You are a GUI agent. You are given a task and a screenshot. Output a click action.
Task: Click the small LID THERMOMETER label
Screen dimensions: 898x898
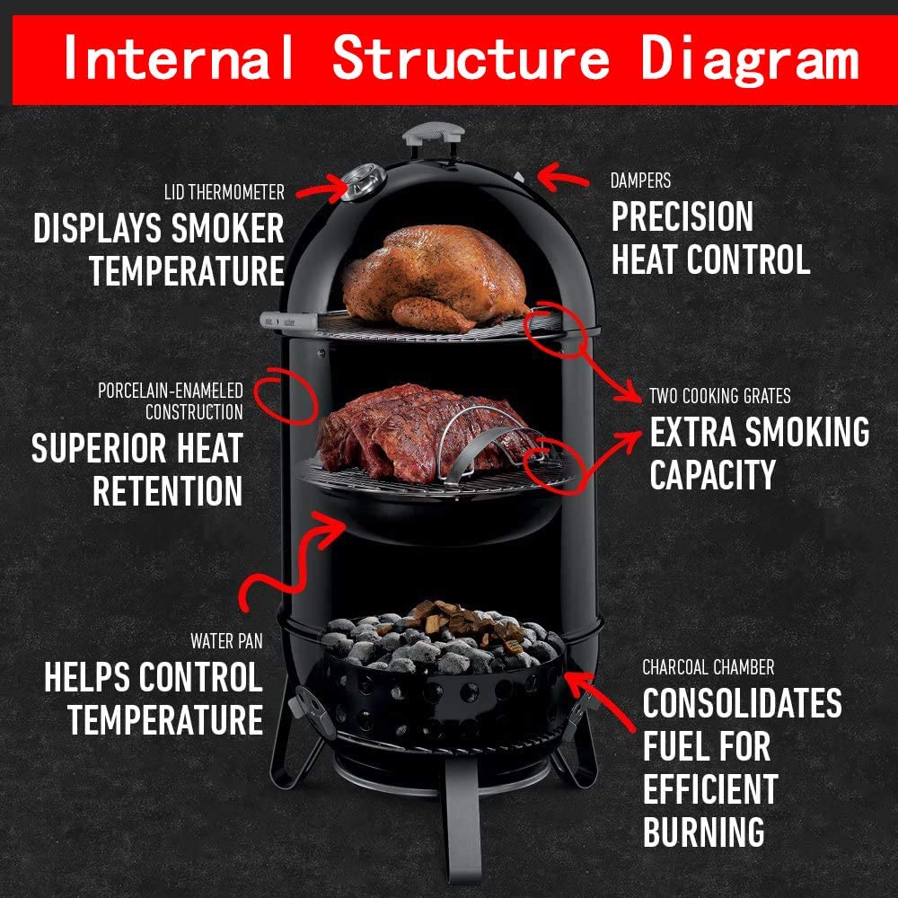(x=224, y=192)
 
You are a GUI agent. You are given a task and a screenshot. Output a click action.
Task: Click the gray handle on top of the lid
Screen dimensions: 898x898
(x=433, y=135)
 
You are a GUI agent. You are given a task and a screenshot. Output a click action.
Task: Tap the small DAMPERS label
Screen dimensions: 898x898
(x=640, y=180)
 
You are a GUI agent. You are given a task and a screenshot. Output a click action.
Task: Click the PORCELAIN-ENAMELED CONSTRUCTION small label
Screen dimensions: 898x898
(x=171, y=401)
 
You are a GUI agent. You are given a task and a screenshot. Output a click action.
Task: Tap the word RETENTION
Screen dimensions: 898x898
(x=167, y=491)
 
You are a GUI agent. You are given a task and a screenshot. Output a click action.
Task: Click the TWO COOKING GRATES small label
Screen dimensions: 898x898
(x=720, y=396)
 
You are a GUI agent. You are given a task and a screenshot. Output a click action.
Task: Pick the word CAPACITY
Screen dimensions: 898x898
(x=712, y=475)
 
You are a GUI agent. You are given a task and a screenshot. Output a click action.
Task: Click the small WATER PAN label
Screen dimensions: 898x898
(x=225, y=641)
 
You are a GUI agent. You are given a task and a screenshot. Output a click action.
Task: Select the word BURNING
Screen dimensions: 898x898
(x=703, y=832)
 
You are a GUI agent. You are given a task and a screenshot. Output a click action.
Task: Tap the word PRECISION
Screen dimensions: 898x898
(x=682, y=217)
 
